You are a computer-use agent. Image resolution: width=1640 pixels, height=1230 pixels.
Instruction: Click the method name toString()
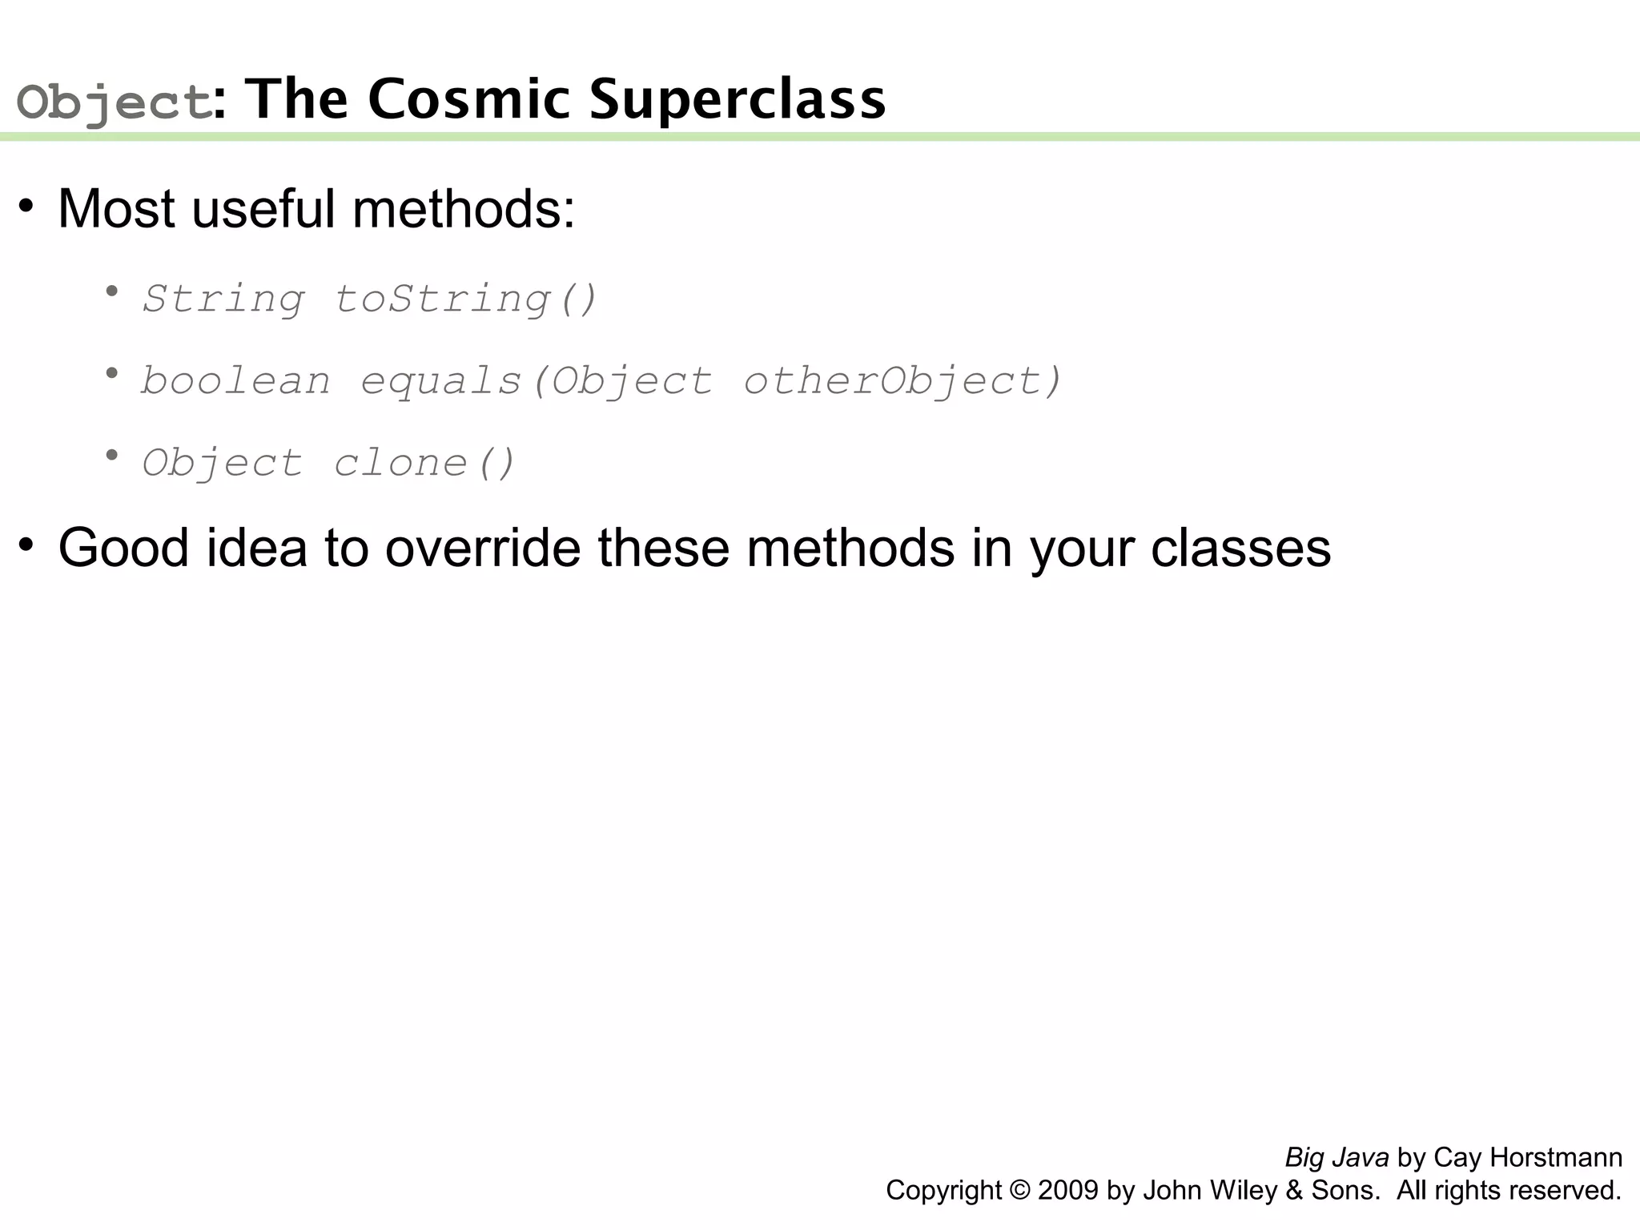click(465, 299)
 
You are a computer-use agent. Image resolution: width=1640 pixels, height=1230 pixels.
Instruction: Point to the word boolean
click(235, 381)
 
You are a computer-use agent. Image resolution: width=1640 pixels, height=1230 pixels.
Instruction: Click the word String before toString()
click(223, 299)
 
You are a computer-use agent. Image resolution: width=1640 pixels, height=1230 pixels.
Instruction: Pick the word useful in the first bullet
click(263, 209)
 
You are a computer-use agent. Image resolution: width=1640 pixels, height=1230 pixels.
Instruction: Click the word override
click(483, 549)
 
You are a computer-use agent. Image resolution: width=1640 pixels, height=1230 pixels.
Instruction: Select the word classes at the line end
click(1240, 549)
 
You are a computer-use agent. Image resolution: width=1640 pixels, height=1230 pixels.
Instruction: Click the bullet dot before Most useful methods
click(26, 207)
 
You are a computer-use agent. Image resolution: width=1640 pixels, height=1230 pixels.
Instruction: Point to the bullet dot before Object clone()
click(112, 455)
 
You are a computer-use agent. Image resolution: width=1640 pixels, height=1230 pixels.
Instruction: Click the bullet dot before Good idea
click(26, 545)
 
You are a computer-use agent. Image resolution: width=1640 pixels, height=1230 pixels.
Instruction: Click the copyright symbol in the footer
click(1019, 1191)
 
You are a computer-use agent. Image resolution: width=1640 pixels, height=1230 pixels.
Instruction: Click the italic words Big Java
click(1337, 1158)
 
